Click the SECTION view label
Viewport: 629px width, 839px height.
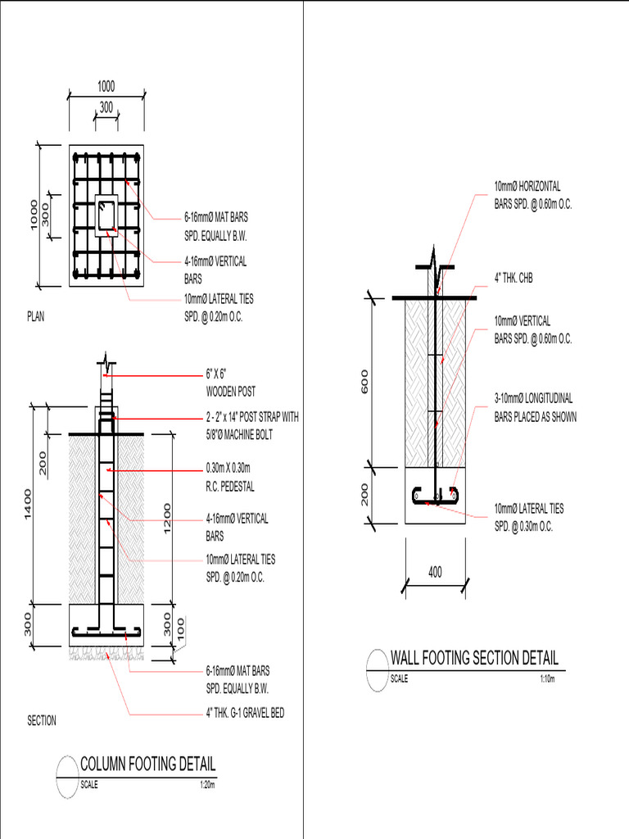click(42, 721)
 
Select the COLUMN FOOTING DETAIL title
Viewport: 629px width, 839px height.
click(148, 764)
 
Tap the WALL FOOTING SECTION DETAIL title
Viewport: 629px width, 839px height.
click(474, 658)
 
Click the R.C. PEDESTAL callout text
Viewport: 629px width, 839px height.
click(230, 486)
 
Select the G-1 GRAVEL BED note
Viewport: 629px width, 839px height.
click(245, 714)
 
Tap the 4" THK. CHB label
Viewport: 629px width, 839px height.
click(514, 279)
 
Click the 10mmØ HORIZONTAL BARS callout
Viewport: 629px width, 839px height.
click(532, 196)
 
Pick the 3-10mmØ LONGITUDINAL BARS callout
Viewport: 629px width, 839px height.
click(535, 408)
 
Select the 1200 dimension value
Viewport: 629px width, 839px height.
click(168, 518)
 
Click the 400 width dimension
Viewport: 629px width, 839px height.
click(435, 573)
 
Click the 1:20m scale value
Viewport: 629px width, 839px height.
click(207, 785)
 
